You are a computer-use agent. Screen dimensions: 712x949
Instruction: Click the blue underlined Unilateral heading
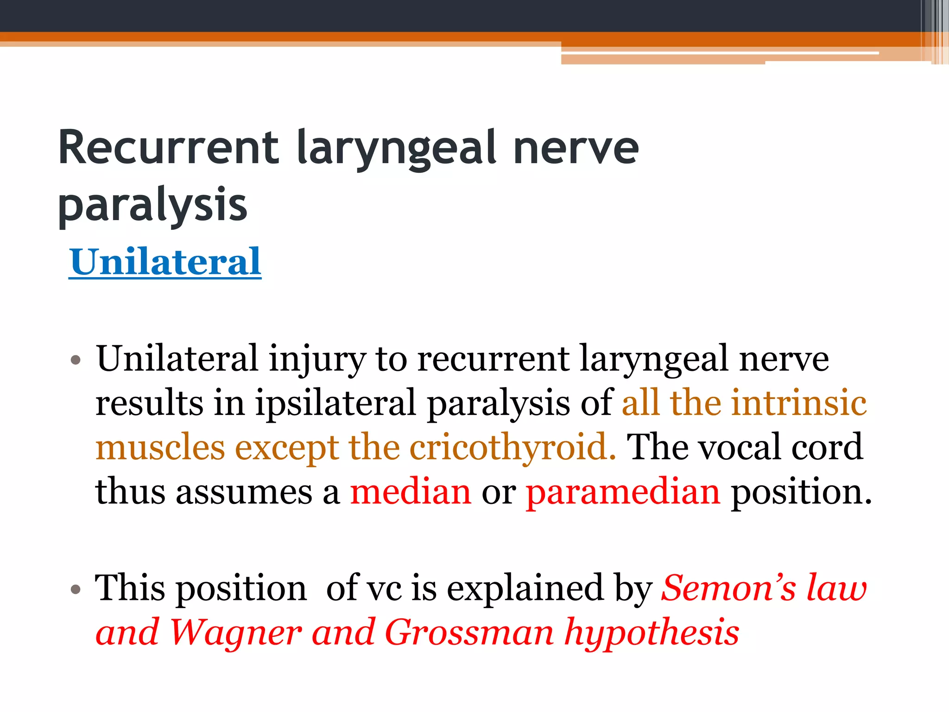pos(165,262)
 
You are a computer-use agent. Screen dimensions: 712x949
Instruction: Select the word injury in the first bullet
pos(317,359)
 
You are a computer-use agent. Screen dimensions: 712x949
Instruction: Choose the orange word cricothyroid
pos(512,447)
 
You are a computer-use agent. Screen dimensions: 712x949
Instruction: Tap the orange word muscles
pos(160,447)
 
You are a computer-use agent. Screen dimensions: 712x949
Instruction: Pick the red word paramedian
pos(623,492)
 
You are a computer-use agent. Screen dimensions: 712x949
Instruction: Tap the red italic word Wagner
pos(236,632)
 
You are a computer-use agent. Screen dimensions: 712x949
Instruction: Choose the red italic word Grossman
pos(469,632)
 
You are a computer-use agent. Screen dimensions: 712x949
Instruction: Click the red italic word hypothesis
pos(652,633)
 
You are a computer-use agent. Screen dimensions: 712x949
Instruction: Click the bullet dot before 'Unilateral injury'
pos(76,360)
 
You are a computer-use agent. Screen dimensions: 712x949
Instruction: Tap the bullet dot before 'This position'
pos(76,590)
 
